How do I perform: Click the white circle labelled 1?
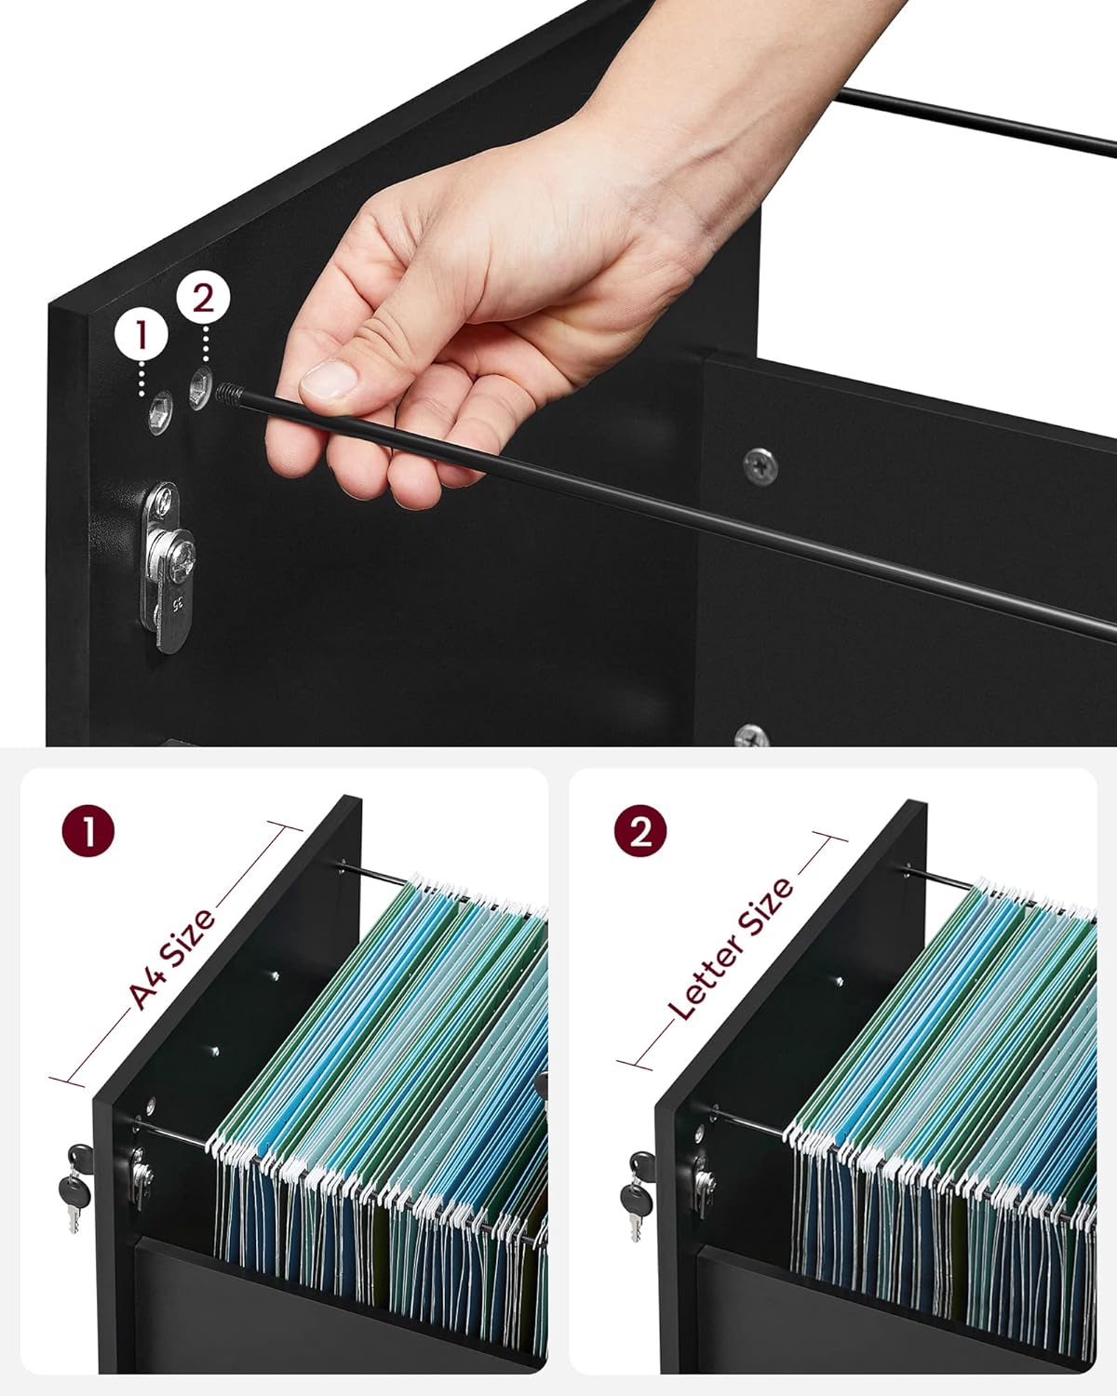pyautogui.click(x=141, y=336)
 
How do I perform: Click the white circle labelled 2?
pyautogui.click(x=203, y=298)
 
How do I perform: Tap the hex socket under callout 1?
pyautogui.click(x=160, y=412)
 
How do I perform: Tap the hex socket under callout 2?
pyautogui.click(x=200, y=388)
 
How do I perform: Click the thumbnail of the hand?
pyautogui.click(x=330, y=380)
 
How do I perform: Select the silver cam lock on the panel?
pyautogui.click(x=167, y=567)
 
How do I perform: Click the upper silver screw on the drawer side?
pyautogui.click(x=760, y=465)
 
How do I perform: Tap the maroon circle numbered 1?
pyautogui.click(x=88, y=831)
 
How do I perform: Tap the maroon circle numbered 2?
pyautogui.click(x=640, y=831)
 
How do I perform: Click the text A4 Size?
pyautogui.click(x=172, y=960)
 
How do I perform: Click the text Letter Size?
pyautogui.click(x=730, y=948)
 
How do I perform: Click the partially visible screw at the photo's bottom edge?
pyautogui.click(x=751, y=736)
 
